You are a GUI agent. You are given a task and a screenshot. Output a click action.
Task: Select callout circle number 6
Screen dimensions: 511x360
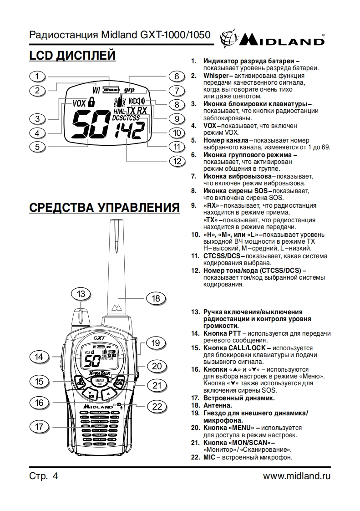(177, 77)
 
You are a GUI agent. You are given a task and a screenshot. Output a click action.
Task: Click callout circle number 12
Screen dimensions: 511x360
(177, 161)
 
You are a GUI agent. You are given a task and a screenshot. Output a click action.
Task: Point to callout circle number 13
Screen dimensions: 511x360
(81, 294)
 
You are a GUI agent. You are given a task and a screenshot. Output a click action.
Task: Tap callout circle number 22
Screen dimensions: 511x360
(157, 406)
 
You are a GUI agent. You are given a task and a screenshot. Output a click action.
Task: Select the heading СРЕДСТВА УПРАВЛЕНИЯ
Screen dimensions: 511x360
(105, 208)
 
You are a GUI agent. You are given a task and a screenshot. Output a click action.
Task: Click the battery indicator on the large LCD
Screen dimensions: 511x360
(110, 90)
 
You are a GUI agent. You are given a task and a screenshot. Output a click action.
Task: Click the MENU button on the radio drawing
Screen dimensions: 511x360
(100, 381)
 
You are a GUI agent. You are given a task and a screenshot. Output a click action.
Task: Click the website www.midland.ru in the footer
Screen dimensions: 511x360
(297, 476)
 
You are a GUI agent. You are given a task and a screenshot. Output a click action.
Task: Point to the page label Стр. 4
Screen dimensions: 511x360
(44, 476)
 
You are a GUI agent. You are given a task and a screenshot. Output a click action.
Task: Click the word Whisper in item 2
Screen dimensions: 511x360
(216, 75)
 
